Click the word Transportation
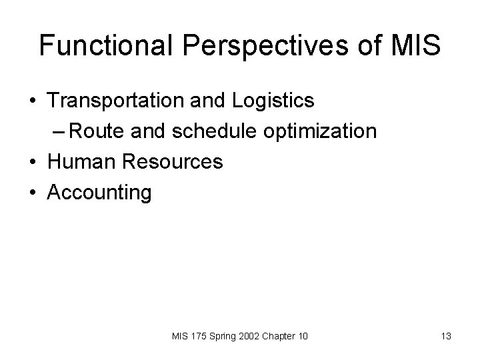[115, 101]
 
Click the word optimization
[320, 131]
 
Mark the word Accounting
[100, 193]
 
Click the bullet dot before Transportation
[32, 101]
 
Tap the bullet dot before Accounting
[32, 193]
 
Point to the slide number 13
[446, 337]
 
